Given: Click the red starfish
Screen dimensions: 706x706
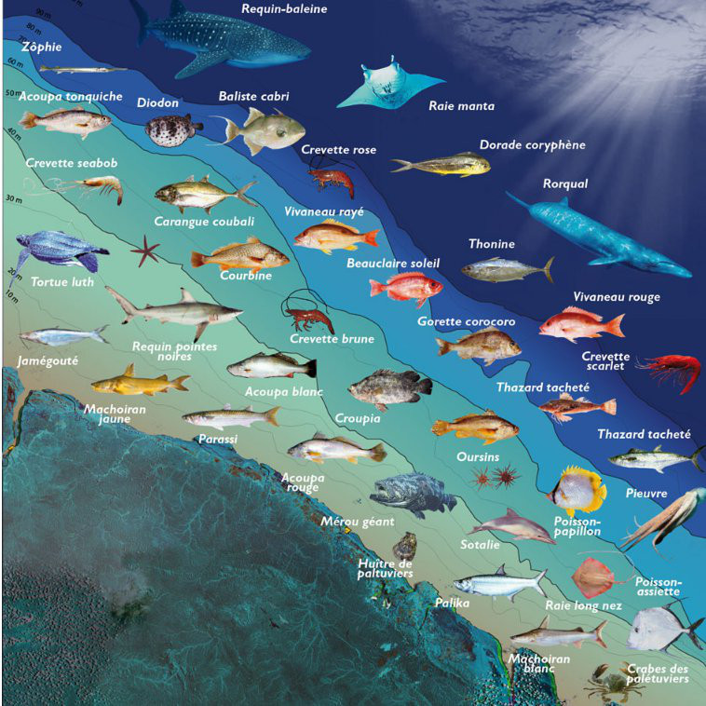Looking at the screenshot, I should point(145,251).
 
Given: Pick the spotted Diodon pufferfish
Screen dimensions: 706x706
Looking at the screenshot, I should point(173,129).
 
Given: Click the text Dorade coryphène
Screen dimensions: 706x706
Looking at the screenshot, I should point(532,145).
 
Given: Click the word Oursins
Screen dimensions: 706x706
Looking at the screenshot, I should point(478,457).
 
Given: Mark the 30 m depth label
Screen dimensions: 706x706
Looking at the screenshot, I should point(13,198).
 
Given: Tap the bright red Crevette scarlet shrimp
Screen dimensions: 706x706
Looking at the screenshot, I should point(668,368).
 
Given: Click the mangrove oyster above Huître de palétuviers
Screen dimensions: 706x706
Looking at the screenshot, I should point(404,545).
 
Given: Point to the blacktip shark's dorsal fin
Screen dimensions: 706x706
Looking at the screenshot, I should point(187,295).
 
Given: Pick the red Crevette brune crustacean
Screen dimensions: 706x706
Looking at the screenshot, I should point(309,317).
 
